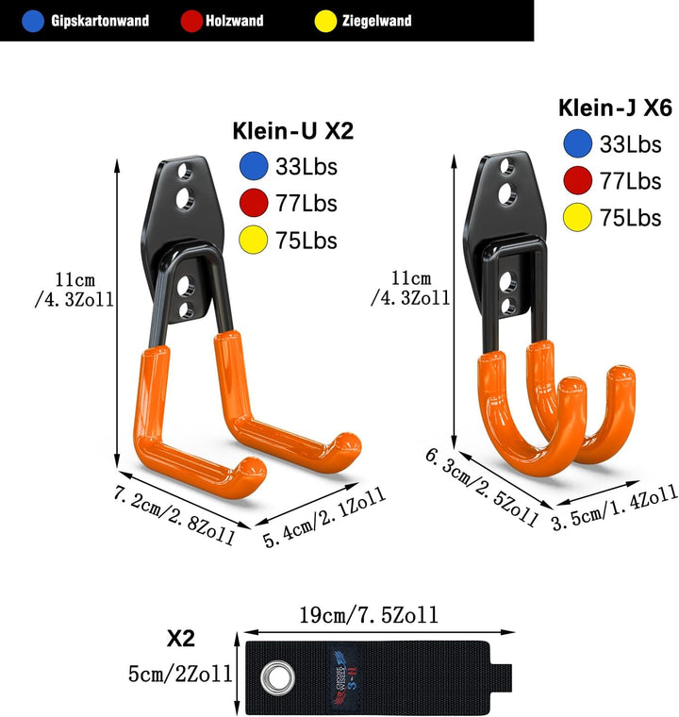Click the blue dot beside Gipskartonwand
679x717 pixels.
tap(33, 21)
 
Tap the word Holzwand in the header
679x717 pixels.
tap(234, 21)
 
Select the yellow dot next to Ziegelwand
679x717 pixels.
tap(326, 21)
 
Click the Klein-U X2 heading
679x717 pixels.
tap(293, 131)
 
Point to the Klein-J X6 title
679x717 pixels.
tap(615, 108)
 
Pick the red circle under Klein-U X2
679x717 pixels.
tap(254, 203)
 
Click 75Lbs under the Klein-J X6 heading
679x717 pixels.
tap(631, 218)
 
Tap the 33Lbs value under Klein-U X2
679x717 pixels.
tap(306, 167)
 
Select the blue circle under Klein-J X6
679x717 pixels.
tap(578, 143)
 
